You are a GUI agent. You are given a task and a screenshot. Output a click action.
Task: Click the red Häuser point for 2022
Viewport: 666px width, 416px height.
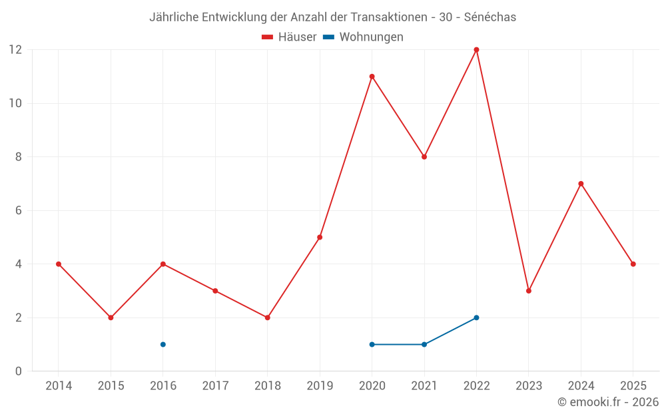pos(476,49)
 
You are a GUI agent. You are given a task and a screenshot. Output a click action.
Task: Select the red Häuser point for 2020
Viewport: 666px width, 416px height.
pos(372,77)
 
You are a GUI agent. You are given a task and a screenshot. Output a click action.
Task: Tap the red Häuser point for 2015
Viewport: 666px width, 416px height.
pos(111,317)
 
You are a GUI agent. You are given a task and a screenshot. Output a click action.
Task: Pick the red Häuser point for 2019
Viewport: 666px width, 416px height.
pos(320,237)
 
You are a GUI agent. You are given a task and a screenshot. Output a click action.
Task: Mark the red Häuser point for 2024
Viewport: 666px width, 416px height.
pos(581,184)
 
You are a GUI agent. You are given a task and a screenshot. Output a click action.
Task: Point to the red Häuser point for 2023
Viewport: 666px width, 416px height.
pos(529,291)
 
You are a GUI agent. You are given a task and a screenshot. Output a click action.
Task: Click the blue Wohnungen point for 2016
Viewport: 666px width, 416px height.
pos(163,344)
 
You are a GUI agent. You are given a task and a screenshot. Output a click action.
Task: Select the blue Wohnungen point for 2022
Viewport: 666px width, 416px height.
pos(476,317)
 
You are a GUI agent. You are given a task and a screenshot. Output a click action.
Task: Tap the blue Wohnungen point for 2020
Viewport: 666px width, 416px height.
pos(372,344)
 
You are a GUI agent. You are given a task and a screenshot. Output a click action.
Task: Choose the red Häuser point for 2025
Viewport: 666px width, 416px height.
pos(633,264)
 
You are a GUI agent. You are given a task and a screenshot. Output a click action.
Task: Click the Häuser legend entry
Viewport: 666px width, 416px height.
pos(289,37)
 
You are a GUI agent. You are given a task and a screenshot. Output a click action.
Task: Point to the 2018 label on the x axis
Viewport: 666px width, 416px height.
pos(267,386)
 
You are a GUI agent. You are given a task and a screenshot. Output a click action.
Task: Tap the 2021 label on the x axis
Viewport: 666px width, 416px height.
pos(424,386)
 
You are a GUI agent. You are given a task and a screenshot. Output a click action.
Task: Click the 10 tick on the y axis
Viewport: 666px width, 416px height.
pos(15,103)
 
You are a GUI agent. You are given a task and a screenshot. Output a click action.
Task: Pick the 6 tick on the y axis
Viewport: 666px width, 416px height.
pos(19,210)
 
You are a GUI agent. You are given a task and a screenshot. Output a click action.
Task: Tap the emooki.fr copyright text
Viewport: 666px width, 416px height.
pos(608,402)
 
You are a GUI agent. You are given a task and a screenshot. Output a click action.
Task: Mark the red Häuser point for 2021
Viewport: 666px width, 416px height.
pos(424,157)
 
